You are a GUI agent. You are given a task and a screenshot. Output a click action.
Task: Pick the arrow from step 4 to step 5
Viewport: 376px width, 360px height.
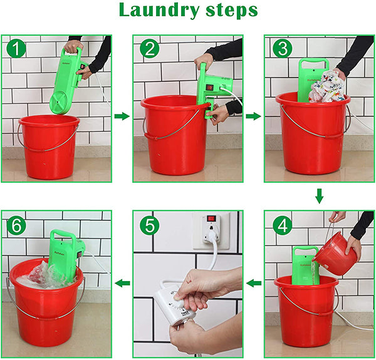(x=253, y=284)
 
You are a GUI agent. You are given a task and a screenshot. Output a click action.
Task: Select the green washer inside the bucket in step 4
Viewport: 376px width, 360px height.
(x=306, y=264)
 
